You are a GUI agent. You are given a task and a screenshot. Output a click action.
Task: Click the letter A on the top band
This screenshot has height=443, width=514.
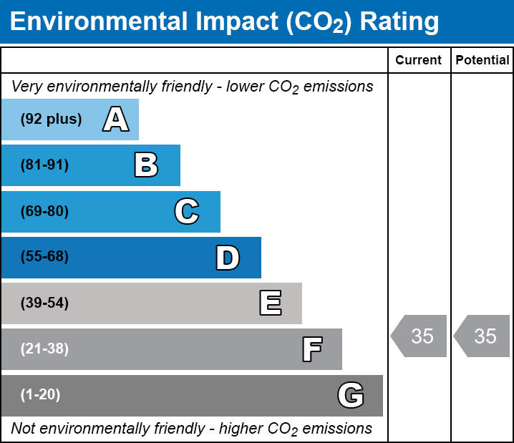116,119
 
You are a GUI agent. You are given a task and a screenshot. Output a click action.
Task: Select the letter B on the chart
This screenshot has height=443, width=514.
146,165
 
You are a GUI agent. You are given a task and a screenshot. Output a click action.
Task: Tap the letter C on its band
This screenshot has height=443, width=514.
187,211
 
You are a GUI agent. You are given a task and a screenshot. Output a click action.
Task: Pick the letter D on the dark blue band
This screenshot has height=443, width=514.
228,258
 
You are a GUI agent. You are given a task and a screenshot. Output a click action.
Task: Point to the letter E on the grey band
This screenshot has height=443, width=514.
271,303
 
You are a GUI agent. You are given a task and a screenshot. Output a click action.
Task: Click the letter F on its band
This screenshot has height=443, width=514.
312,349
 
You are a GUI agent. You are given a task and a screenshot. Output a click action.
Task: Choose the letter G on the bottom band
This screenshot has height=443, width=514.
351,395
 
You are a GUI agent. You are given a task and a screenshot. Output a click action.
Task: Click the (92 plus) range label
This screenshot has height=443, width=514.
51,119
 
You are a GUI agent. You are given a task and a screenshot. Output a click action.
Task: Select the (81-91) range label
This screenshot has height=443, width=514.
44,165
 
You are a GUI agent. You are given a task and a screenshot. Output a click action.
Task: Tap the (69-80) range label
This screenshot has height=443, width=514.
44,211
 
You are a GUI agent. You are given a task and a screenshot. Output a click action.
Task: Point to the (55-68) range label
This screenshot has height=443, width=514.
44,256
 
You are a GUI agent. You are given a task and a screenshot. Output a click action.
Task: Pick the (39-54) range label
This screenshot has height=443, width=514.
44,303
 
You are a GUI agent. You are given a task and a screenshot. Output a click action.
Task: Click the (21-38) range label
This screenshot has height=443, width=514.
44,349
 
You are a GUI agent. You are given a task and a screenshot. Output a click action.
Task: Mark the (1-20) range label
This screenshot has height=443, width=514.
40,395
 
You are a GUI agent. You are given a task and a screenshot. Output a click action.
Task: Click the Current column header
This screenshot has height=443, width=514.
418,60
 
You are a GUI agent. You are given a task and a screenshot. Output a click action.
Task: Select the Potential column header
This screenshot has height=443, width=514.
483,60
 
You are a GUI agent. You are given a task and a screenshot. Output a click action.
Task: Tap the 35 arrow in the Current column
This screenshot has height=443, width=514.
419,336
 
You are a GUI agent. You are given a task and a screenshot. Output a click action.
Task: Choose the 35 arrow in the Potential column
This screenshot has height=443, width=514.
482,336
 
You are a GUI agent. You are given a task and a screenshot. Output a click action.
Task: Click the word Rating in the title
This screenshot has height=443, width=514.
399,22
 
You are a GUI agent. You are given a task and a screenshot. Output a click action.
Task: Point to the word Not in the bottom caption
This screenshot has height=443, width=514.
23,428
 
